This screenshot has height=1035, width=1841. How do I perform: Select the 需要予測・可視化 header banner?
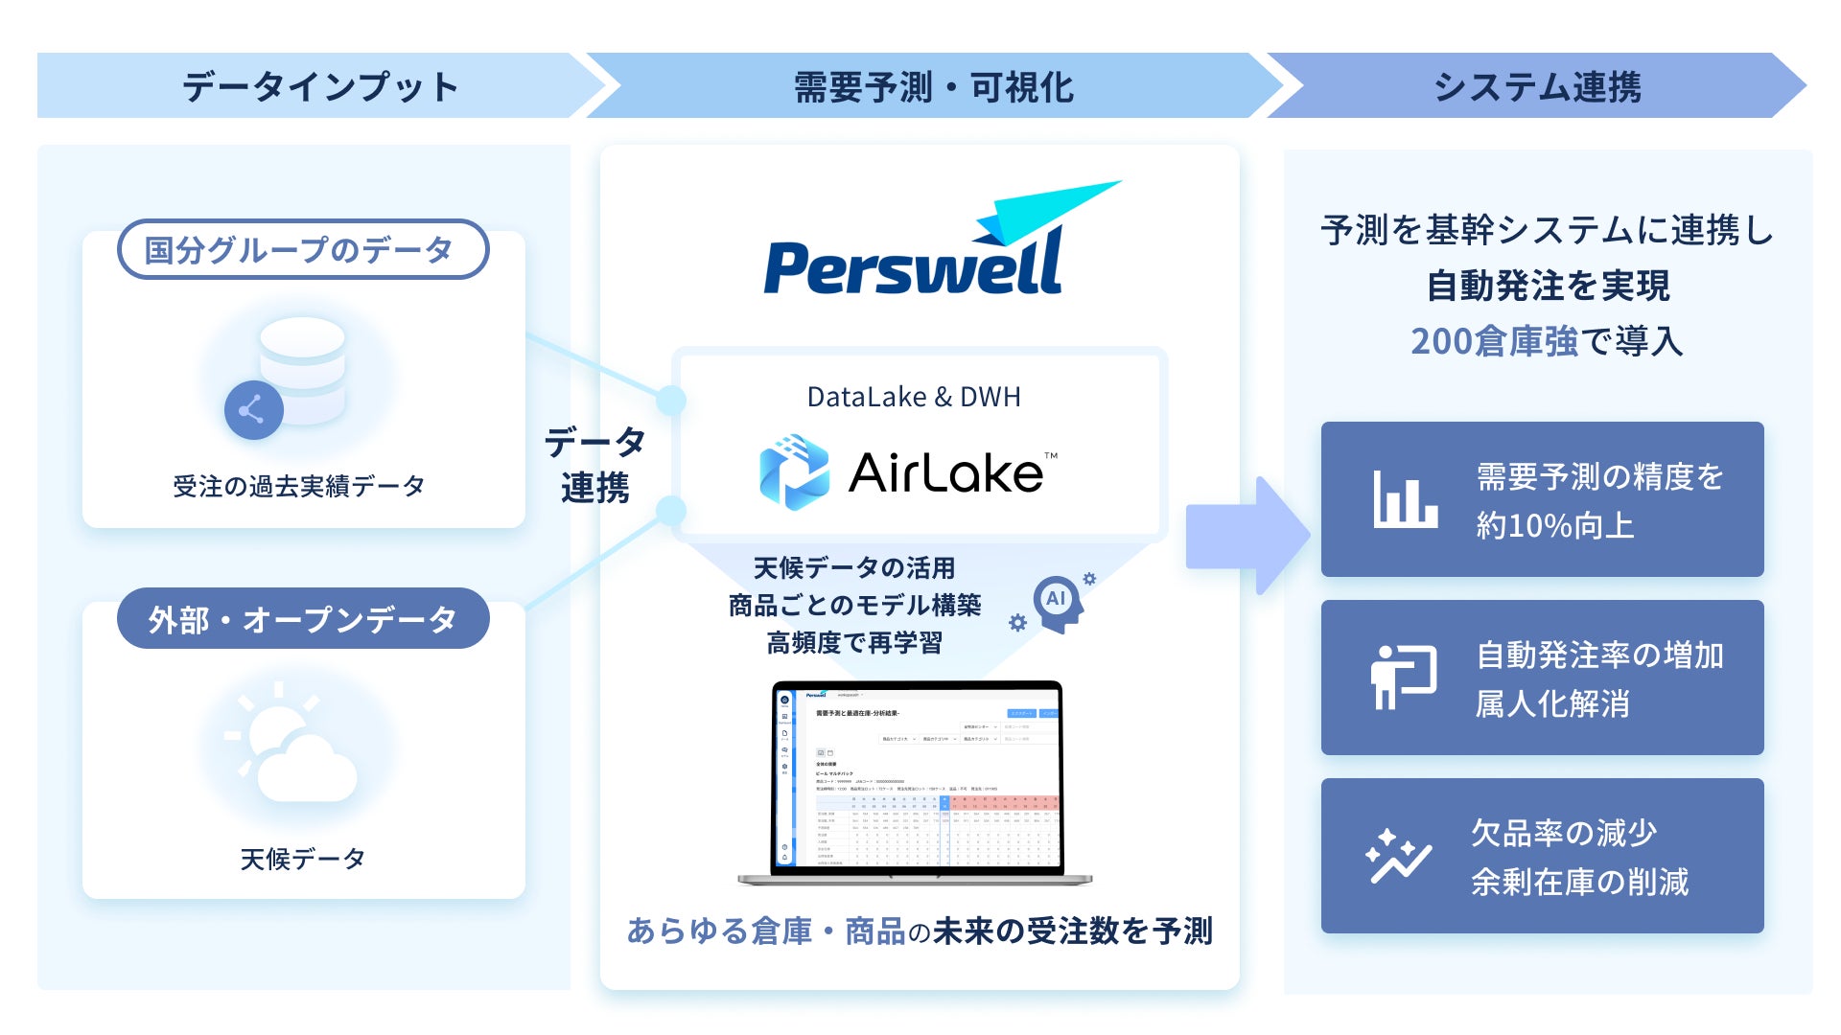click(x=933, y=86)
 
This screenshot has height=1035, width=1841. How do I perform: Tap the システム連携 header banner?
click(x=1536, y=86)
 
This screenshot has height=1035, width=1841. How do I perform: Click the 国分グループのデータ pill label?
click(x=302, y=250)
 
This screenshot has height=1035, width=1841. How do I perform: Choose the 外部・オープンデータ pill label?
click(x=302, y=619)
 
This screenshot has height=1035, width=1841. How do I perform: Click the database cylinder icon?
click(x=303, y=369)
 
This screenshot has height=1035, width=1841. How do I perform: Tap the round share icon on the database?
click(x=253, y=410)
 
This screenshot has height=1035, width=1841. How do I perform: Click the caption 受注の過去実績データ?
click(x=299, y=487)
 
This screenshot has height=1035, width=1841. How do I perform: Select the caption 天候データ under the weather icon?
click(x=302, y=859)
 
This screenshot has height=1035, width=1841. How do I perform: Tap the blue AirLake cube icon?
click(x=794, y=471)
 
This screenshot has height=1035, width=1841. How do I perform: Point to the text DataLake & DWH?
click(x=914, y=397)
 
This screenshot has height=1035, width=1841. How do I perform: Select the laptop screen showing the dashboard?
click(x=918, y=777)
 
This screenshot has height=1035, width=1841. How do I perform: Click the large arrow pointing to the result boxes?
click(x=1246, y=536)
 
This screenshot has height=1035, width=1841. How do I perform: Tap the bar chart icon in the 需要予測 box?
click(x=1405, y=498)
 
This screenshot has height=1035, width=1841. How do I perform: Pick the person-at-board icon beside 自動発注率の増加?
click(x=1403, y=677)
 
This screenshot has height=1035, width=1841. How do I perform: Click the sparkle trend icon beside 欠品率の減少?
click(x=1398, y=856)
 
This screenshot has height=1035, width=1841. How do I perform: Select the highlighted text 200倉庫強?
click(x=1494, y=341)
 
